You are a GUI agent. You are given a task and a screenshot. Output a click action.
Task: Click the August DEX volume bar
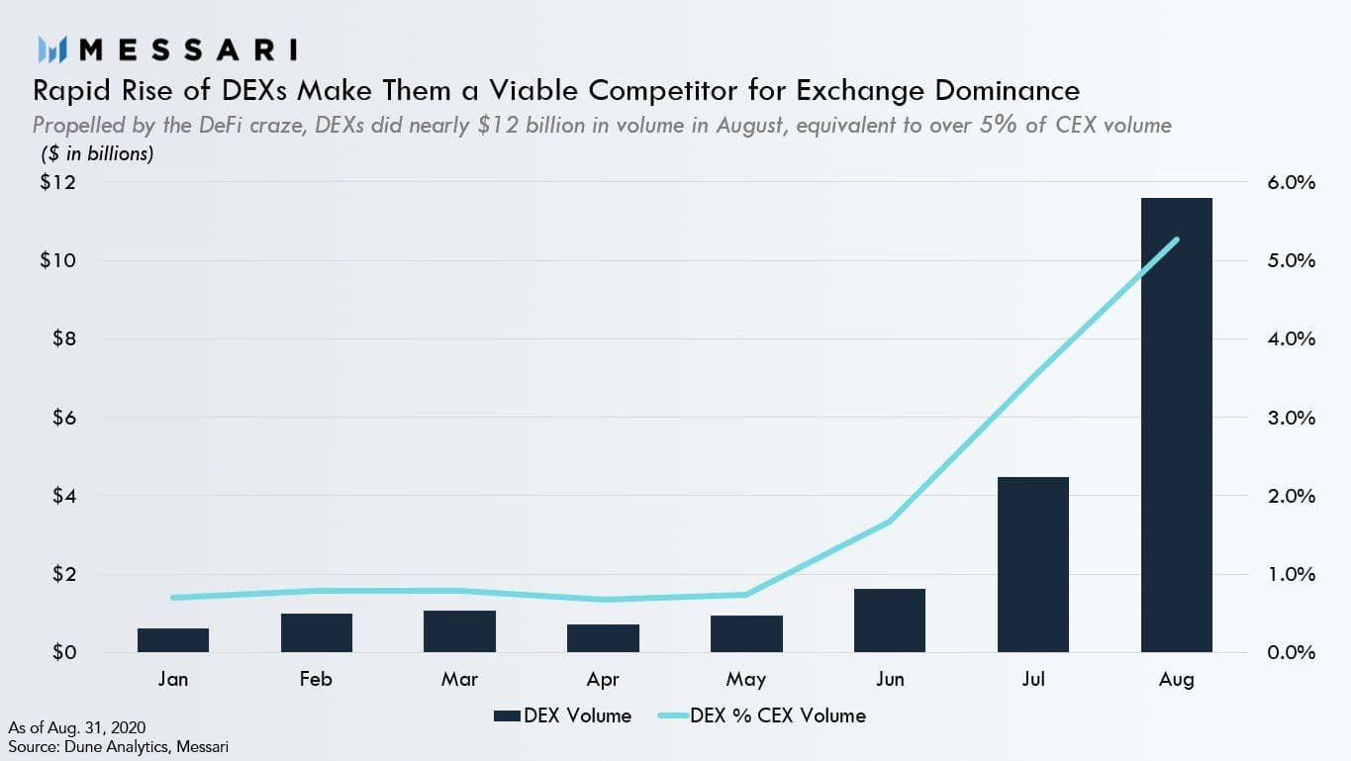[1176, 426]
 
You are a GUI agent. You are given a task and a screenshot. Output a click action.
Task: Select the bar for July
[1033, 565]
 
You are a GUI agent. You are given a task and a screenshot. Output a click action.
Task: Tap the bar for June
[890, 620]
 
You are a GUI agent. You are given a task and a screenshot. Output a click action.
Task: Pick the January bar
[173, 640]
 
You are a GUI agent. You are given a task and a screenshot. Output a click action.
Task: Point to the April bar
[603, 638]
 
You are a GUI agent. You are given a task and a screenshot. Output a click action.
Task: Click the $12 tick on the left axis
[56, 183]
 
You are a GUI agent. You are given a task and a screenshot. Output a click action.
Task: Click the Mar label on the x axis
[460, 679]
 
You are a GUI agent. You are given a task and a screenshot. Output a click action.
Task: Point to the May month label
[746, 679]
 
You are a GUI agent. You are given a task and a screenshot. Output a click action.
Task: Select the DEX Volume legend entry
[563, 715]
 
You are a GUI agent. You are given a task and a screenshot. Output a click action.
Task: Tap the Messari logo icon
[51, 48]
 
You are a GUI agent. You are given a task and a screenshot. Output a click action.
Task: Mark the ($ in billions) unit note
[97, 154]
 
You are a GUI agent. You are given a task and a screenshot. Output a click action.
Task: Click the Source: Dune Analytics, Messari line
[119, 746]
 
